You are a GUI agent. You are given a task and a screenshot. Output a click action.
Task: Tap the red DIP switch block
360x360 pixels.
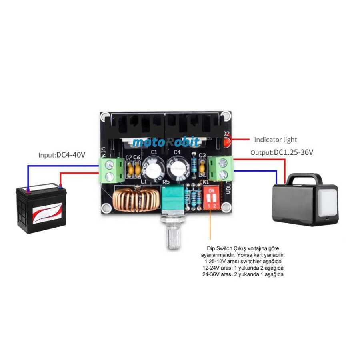(212, 198)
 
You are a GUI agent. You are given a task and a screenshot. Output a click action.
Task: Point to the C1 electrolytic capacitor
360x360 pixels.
(154, 168)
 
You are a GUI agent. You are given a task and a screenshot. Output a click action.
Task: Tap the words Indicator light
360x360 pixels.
(276, 140)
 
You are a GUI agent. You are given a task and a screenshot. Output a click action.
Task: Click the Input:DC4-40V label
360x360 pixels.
(62, 154)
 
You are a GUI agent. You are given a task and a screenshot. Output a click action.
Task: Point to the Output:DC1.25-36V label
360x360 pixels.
(282, 152)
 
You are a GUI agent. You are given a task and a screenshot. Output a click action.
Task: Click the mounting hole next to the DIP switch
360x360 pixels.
(226, 207)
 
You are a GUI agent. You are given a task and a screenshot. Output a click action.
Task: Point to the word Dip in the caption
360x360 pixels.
(211, 248)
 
